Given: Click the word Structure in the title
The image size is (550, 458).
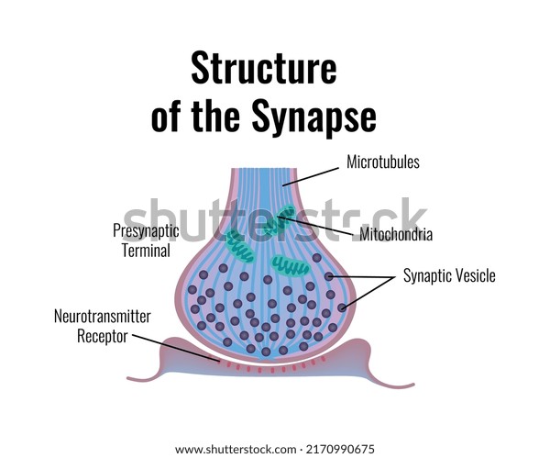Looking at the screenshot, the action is (x=264, y=68).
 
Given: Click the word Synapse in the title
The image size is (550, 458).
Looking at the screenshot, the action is (x=314, y=117).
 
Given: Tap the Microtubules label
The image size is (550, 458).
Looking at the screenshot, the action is (x=383, y=162).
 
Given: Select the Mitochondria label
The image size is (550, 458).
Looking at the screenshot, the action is (x=396, y=234).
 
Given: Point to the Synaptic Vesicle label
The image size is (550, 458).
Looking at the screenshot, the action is (x=449, y=275).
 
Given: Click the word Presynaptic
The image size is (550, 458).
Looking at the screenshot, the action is (x=146, y=230).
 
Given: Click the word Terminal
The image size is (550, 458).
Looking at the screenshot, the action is (x=146, y=251).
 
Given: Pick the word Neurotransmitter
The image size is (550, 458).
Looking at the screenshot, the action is (x=103, y=316).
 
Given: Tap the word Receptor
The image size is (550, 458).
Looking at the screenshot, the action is (x=103, y=336).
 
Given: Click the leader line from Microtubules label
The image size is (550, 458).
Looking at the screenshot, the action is (x=311, y=176).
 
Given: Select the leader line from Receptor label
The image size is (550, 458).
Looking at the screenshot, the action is (x=176, y=348).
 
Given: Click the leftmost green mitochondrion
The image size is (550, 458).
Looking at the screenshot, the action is (x=239, y=245).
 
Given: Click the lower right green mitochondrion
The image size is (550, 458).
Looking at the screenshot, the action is (x=290, y=266).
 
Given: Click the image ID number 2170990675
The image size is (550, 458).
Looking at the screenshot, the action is (x=340, y=449).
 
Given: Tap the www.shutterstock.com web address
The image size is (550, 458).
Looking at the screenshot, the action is (x=236, y=450).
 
